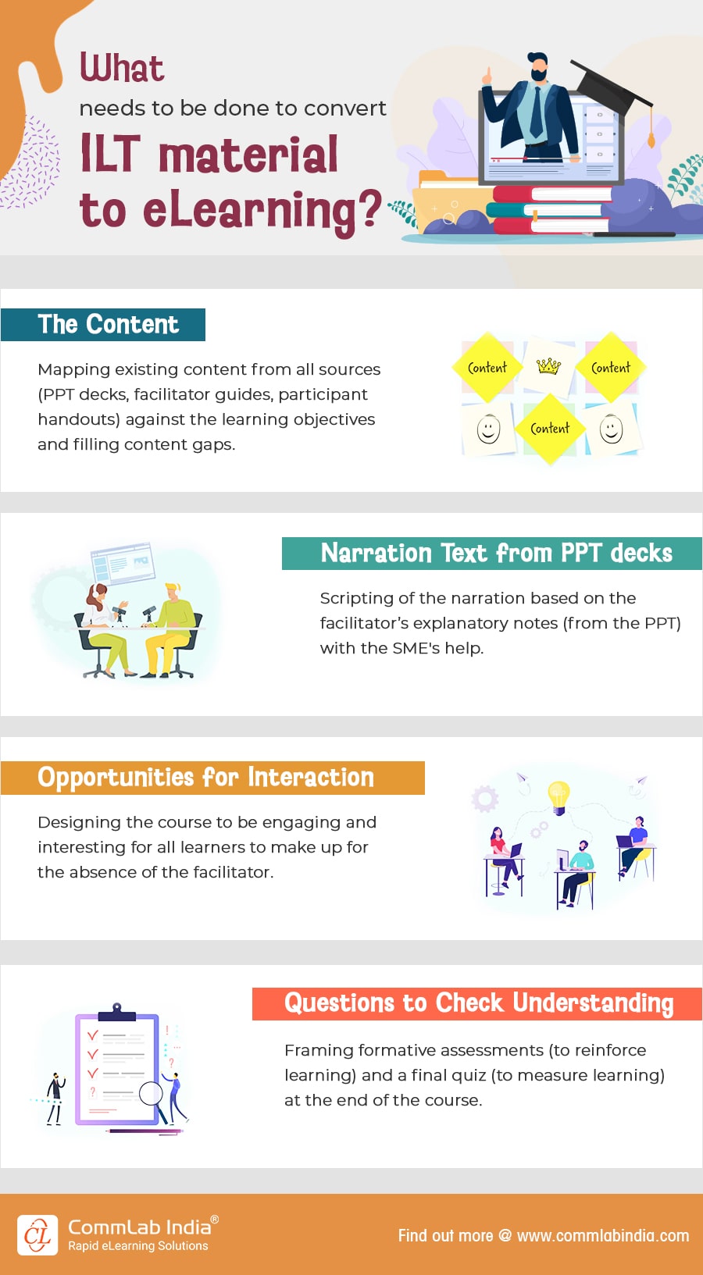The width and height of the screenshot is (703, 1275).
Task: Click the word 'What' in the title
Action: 122,68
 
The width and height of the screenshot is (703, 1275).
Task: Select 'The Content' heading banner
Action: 108,324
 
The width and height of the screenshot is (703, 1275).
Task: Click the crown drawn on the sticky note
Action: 548,365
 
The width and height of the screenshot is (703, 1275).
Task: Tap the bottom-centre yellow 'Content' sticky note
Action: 550,428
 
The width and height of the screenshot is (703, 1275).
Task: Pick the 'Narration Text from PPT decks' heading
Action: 496,553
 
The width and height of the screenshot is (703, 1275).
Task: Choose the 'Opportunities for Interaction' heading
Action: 206,778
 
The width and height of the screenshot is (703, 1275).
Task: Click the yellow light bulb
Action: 558,795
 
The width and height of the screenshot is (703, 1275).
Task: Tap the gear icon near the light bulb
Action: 484,798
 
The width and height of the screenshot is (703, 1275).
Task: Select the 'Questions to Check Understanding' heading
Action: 478,1003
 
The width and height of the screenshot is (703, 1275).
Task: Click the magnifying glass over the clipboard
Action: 151,1092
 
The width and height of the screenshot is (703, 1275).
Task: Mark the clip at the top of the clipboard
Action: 116,1012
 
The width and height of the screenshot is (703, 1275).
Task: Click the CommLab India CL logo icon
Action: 37,1235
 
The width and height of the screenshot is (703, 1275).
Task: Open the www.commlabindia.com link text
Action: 602,1235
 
